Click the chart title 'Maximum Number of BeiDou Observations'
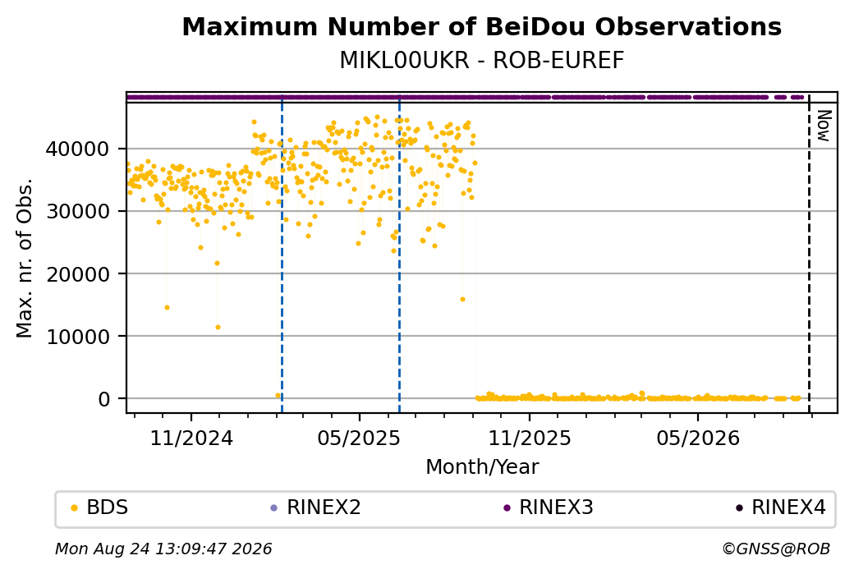pyautogui.click(x=481, y=26)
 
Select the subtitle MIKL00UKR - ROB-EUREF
pyautogui.click(x=481, y=61)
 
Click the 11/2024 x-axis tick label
pyautogui.click(x=191, y=438)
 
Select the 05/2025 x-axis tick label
pyautogui.click(x=359, y=438)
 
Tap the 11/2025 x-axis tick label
pyautogui.click(x=530, y=438)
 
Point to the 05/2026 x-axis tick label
pyautogui.click(x=698, y=438)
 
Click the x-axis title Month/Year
pyautogui.click(x=482, y=466)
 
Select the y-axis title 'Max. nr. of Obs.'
pyautogui.click(x=25, y=258)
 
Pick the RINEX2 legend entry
pyautogui.click(x=316, y=507)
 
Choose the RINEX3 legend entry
pyautogui.click(x=549, y=507)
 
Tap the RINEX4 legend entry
pyautogui.click(x=781, y=507)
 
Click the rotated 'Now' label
pyautogui.click(x=824, y=126)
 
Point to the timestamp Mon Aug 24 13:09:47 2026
pyautogui.click(x=163, y=549)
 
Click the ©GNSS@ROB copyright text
pyautogui.click(x=776, y=549)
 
